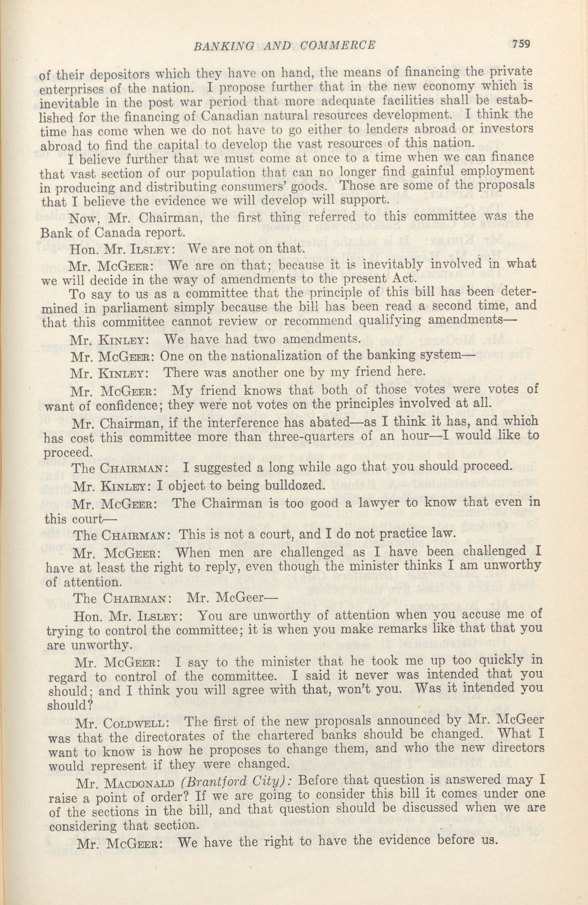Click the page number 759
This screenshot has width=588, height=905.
[x=521, y=44]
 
